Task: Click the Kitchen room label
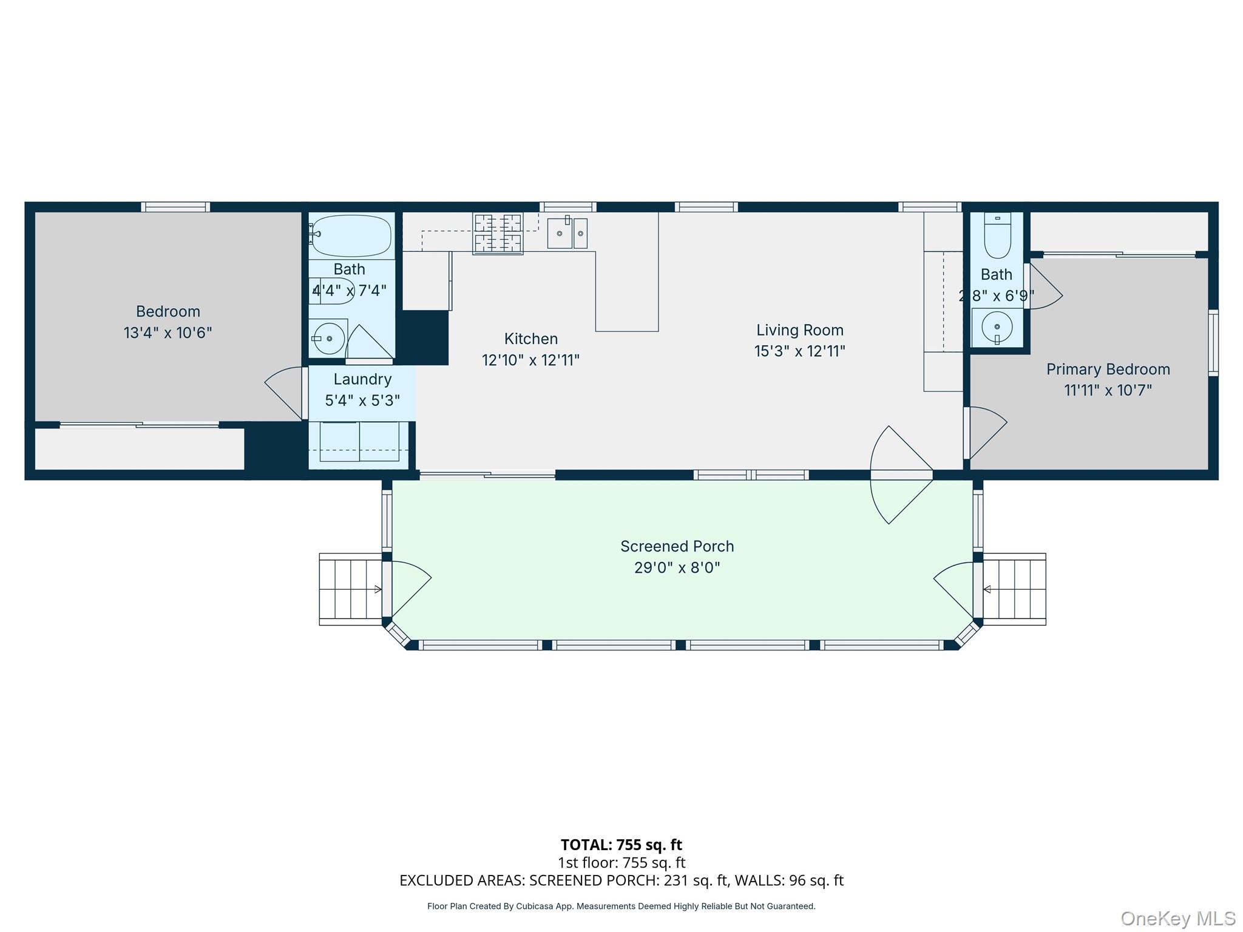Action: [530, 339]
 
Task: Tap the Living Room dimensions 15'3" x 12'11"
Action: [799, 351]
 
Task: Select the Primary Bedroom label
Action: [1108, 369]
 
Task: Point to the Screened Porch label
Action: [677, 546]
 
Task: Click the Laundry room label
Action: [362, 379]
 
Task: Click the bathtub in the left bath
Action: [351, 235]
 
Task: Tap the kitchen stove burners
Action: [498, 233]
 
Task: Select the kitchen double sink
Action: [567, 234]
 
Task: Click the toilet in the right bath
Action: [997, 237]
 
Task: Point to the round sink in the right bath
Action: [997, 327]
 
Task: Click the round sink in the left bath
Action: [328, 338]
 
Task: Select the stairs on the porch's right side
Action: [1014, 589]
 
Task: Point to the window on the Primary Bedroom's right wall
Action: [1213, 342]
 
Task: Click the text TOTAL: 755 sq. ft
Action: [621, 845]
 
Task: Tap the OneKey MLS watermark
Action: [1177, 919]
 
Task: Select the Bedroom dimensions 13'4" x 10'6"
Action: [168, 333]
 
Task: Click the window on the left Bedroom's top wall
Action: [175, 207]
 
